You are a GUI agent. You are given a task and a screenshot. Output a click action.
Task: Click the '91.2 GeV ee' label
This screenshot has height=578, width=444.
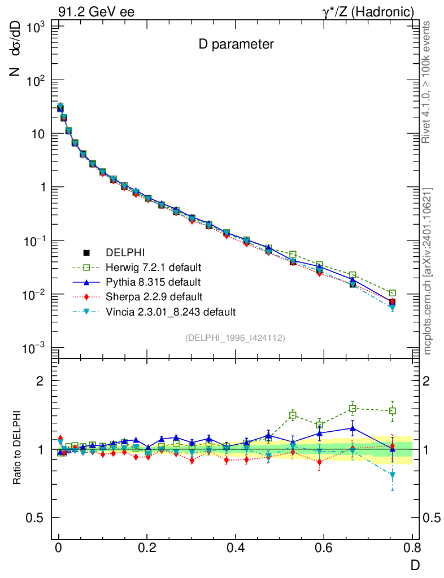pyautogui.click(x=96, y=11)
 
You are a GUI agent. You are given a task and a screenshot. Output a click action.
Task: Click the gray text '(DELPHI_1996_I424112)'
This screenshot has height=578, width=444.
pyautogui.click(x=235, y=338)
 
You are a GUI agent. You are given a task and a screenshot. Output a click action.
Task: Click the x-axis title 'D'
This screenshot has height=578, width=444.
pyautogui.click(x=415, y=564)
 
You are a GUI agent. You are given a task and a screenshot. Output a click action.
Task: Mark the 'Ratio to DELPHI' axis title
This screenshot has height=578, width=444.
pyautogui.click(x=18, y=449)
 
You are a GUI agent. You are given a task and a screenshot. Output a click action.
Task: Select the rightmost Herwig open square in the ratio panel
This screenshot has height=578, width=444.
pyautogui.click(x=393, y=410)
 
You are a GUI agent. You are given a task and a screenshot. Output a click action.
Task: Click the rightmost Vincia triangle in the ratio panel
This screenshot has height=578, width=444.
pyautogui.click(x=393, y=475)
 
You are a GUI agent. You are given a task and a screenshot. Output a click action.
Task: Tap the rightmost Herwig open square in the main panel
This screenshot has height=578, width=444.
pyautogui.click(x=393, y=293)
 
